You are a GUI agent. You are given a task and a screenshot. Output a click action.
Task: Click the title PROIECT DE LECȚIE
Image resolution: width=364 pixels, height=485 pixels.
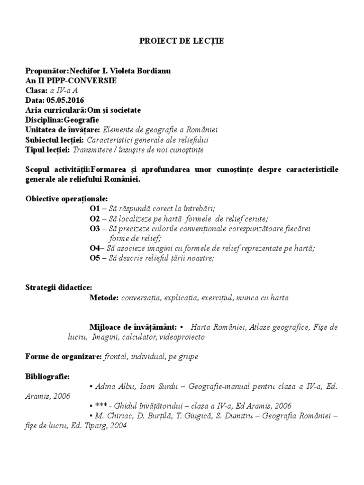pos(182,41)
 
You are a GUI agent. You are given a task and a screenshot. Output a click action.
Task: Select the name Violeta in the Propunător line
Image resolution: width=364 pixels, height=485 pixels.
pos(129,71)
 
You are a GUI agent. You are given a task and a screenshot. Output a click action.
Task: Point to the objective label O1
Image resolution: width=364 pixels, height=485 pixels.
pos(94,208)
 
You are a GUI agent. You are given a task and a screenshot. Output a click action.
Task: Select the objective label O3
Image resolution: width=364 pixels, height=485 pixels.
pos(94,228)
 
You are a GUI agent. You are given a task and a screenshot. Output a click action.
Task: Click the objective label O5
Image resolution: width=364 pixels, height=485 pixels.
pos(94,258)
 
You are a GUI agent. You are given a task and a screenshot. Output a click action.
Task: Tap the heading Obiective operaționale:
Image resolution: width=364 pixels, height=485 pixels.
pos(66,198)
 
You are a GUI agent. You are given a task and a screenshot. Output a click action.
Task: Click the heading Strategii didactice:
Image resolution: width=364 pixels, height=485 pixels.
pos(59,287)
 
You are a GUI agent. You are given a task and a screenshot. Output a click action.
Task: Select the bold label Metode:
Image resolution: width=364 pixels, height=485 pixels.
pos(104,298)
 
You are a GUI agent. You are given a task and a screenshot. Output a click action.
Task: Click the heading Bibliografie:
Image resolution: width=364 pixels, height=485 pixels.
pos(47,377)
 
